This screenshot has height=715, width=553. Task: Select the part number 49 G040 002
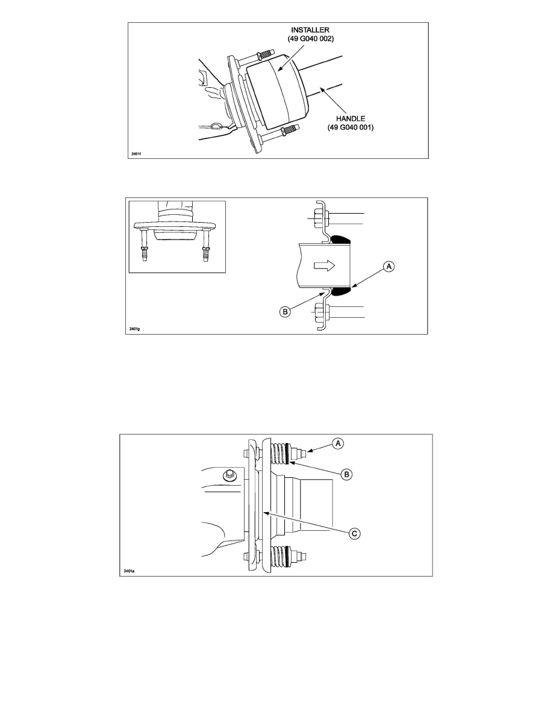click(310, 39)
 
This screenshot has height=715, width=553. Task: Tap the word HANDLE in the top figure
click(351, 119)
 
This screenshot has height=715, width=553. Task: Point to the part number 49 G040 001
click(351, 127)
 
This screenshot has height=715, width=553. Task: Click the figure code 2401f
click(136, 153)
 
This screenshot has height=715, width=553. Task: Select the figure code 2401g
click(134, 329)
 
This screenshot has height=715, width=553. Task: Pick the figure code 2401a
click(129, 571)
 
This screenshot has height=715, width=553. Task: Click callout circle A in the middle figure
click(389, 266)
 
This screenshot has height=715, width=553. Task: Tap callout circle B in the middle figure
click(285, 312)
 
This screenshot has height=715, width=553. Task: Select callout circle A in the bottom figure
click(337, 443)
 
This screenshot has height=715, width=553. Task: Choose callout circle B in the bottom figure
click(347, 474)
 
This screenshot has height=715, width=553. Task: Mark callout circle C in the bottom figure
click(355, 533)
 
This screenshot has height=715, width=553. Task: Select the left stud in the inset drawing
click(144, 246)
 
